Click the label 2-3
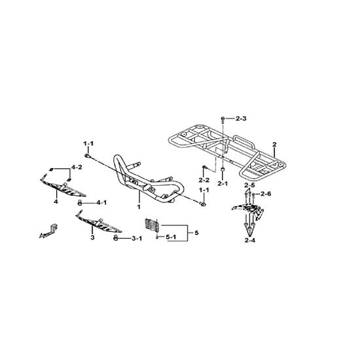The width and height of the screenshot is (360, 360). [x=241, y=118]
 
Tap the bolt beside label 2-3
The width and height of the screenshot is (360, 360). [x=223, y=119]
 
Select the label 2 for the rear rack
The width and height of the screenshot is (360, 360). [x=274, y=145]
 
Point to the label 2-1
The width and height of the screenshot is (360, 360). [x=223, y=183]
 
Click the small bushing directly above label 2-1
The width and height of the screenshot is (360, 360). [x=223, y=170]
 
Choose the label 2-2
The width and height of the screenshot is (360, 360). [x=204, y=180]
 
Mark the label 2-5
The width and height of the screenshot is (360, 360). [x=249, y=185]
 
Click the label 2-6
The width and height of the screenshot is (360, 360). [x=266, y=194]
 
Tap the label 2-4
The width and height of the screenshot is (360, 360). [x=250, y=240]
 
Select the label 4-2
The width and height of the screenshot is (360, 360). [x=77, y=167]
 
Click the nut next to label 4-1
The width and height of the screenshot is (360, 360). [x=80, y=203]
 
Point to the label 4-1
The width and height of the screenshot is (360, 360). [x=101, y=203]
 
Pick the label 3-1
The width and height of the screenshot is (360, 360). [x=137, y=239]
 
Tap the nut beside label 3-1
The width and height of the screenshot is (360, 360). [x=115, y=238]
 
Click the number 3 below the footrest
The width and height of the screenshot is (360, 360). [x=92, y=238]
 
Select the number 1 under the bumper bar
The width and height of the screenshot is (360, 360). [x=139, y=207]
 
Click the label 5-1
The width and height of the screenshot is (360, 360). [x=171, y=237]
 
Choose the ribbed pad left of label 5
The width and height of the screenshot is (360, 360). [x=152, y=224]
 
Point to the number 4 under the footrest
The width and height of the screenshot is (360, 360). [x=56, y=202]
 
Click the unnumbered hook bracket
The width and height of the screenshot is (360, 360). [x=48, y=231]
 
